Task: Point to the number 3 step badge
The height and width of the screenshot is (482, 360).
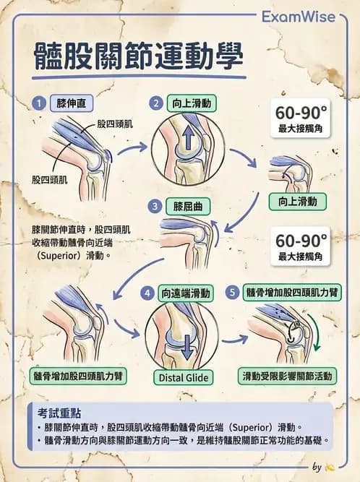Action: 155,206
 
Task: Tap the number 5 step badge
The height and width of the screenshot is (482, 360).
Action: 231,293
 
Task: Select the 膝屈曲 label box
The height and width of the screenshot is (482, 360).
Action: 187,206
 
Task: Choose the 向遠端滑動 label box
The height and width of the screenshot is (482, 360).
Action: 187,293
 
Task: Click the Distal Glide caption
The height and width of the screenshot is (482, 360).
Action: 182,377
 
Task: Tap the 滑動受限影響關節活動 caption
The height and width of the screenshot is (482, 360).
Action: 288,376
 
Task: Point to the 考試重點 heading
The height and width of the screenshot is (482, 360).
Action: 60,413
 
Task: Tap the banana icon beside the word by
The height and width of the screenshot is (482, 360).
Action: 330,467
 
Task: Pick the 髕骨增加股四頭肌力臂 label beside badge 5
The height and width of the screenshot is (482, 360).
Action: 293,293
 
